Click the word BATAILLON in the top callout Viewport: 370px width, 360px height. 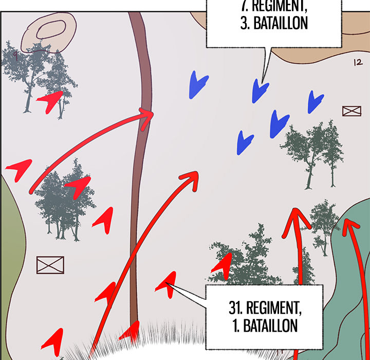(x=281, y=23)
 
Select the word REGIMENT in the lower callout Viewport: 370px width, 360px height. (x=274, y=308)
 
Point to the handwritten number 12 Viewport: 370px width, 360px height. (x=358, y=62)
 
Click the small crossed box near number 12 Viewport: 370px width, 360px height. (x=351, y=111)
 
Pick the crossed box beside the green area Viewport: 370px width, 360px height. (x=50, y=265)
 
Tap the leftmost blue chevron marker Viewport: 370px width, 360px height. (x=198, y=85)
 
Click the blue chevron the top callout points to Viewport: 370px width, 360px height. (x=260, y=91)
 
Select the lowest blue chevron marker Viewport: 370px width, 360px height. (x=245, y=142)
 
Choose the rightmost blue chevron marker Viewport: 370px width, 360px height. (x=315, y=102)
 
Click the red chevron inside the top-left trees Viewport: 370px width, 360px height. (x=51, y=102)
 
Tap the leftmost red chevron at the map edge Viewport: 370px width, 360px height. (x=20, y=170)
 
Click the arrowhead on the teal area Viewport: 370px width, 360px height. (x=350, y=227)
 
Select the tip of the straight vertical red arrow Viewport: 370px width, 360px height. (x=295, y=209)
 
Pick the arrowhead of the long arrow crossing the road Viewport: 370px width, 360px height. (x=191, y=180)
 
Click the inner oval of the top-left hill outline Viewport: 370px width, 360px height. (x=51, y=29)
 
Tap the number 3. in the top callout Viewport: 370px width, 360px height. (x=245, y=23)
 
